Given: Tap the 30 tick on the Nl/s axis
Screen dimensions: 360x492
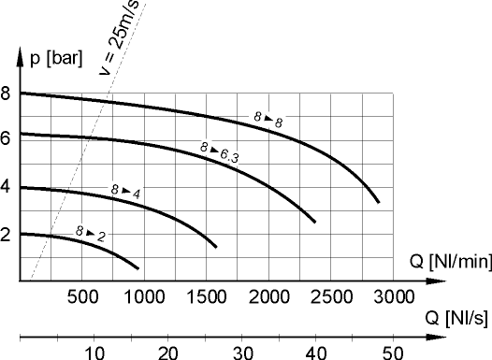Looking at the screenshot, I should [243, 352].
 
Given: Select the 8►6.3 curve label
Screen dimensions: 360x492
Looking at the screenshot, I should [220, 151].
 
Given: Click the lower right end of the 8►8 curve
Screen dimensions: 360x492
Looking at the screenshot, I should [378, 202].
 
